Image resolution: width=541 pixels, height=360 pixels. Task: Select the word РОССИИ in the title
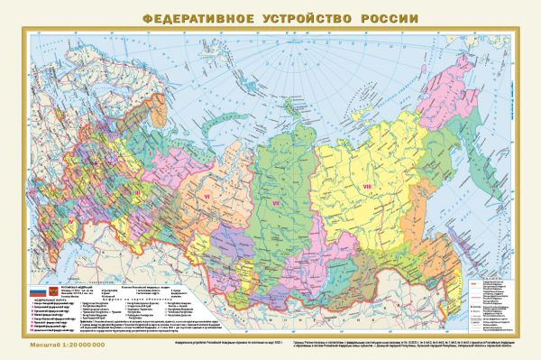[371, 18]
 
